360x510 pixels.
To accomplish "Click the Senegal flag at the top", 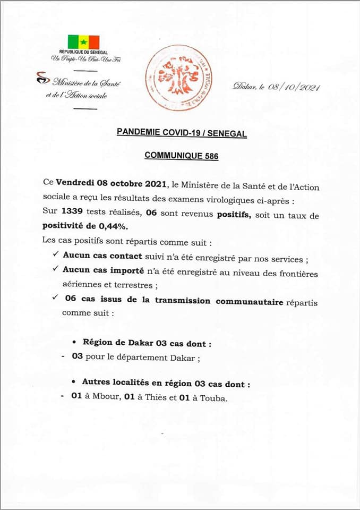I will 83,42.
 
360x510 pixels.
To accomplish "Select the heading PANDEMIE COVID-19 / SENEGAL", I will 182,134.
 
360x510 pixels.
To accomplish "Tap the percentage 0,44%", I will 119,225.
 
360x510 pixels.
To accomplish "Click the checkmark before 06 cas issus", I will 56,298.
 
